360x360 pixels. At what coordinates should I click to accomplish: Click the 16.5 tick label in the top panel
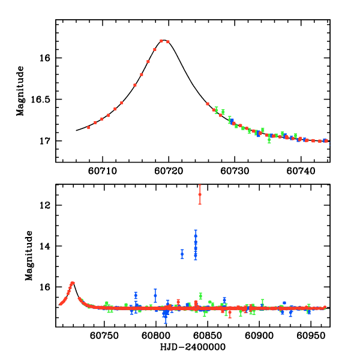[x=43, y=100]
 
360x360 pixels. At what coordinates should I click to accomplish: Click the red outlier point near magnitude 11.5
[x=200, y=194]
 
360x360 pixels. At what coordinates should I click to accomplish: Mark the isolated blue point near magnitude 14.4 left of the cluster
[x=182, y=254]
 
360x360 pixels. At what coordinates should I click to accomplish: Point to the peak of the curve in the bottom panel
[x=72, y=283]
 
